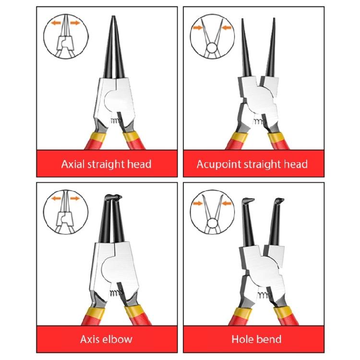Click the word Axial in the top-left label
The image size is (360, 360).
coord(72,164)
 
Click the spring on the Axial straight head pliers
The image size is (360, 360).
coord(114,122)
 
